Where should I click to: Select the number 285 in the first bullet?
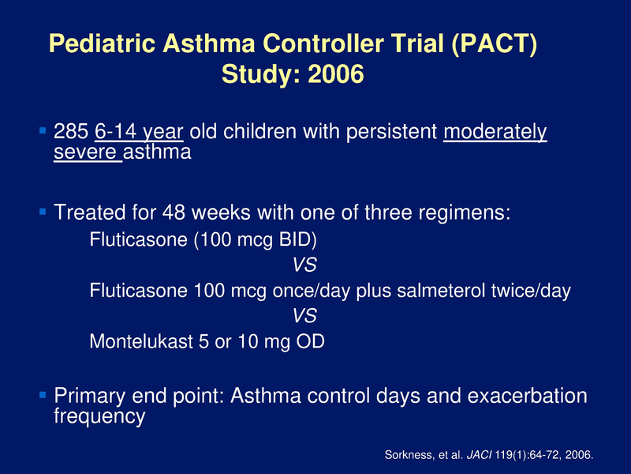coord(71,132)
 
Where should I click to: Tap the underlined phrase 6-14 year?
coord(139,132)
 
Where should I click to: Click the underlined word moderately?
coord(495,132)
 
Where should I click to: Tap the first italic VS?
coord(304,264)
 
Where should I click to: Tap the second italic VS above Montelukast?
coord(304,316)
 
